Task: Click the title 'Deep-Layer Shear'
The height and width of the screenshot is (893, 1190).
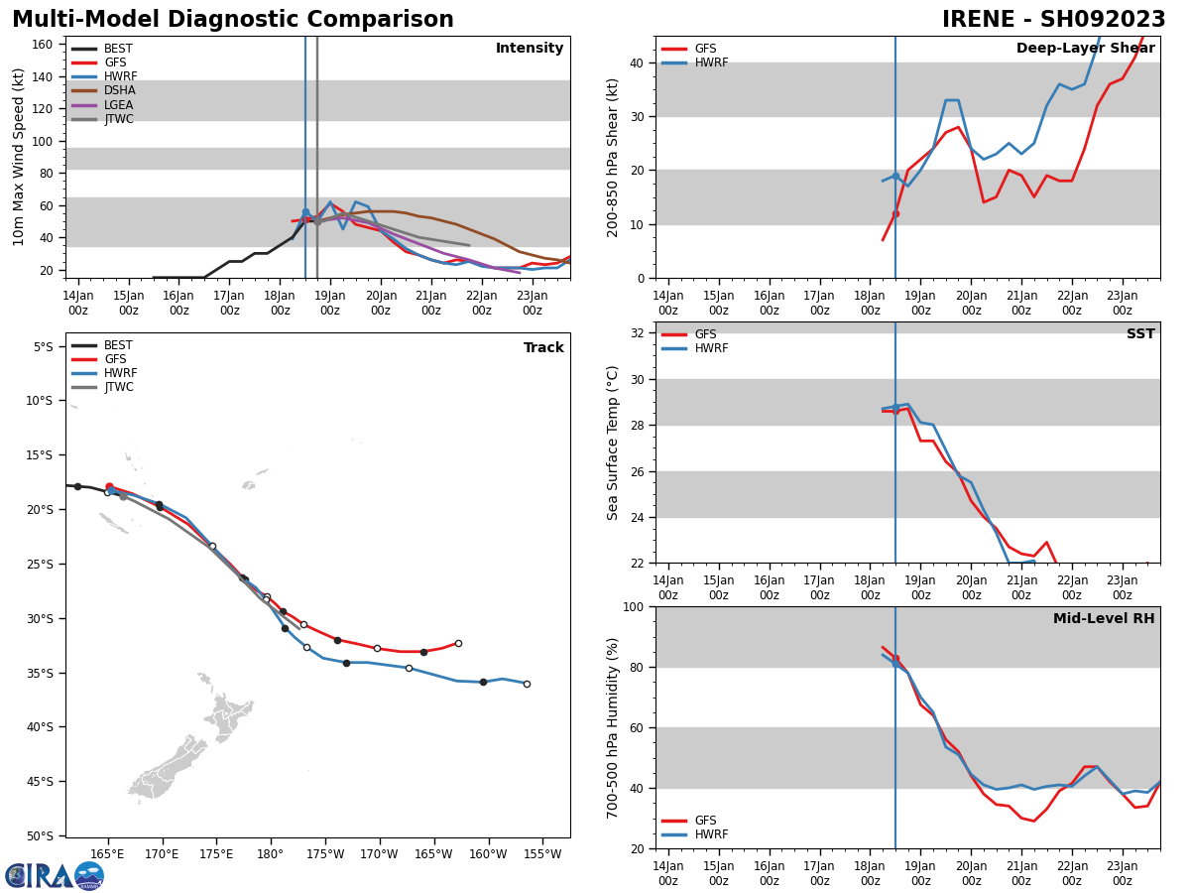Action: (x=1085, y=48)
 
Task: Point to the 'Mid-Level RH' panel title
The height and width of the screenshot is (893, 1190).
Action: (x=1104, y=618)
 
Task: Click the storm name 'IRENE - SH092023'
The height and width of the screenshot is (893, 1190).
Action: (x=1053, y=19)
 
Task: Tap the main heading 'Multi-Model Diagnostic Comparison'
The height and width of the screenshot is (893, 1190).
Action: (x=233, y=19)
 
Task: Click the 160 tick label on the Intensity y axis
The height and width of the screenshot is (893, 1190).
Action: (x=42, y=45)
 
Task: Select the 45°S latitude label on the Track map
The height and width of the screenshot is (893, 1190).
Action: (x=40, y=781)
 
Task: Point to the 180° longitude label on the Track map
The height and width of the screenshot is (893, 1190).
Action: (x=270, y=854)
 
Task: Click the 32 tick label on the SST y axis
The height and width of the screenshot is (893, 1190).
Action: (x=637, y=333)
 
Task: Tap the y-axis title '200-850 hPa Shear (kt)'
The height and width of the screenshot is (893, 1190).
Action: (x=612, y=158)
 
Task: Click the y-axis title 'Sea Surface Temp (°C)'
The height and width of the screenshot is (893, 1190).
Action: (x=612, y=443)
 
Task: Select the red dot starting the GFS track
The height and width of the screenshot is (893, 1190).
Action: (x=109, y=486)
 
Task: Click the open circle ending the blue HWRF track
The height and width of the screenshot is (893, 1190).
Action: (x=527, y=684)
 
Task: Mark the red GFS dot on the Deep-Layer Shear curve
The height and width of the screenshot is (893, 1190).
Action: (x=895, y=213)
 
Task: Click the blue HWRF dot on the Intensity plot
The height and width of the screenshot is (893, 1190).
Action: (x=305, y=212)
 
